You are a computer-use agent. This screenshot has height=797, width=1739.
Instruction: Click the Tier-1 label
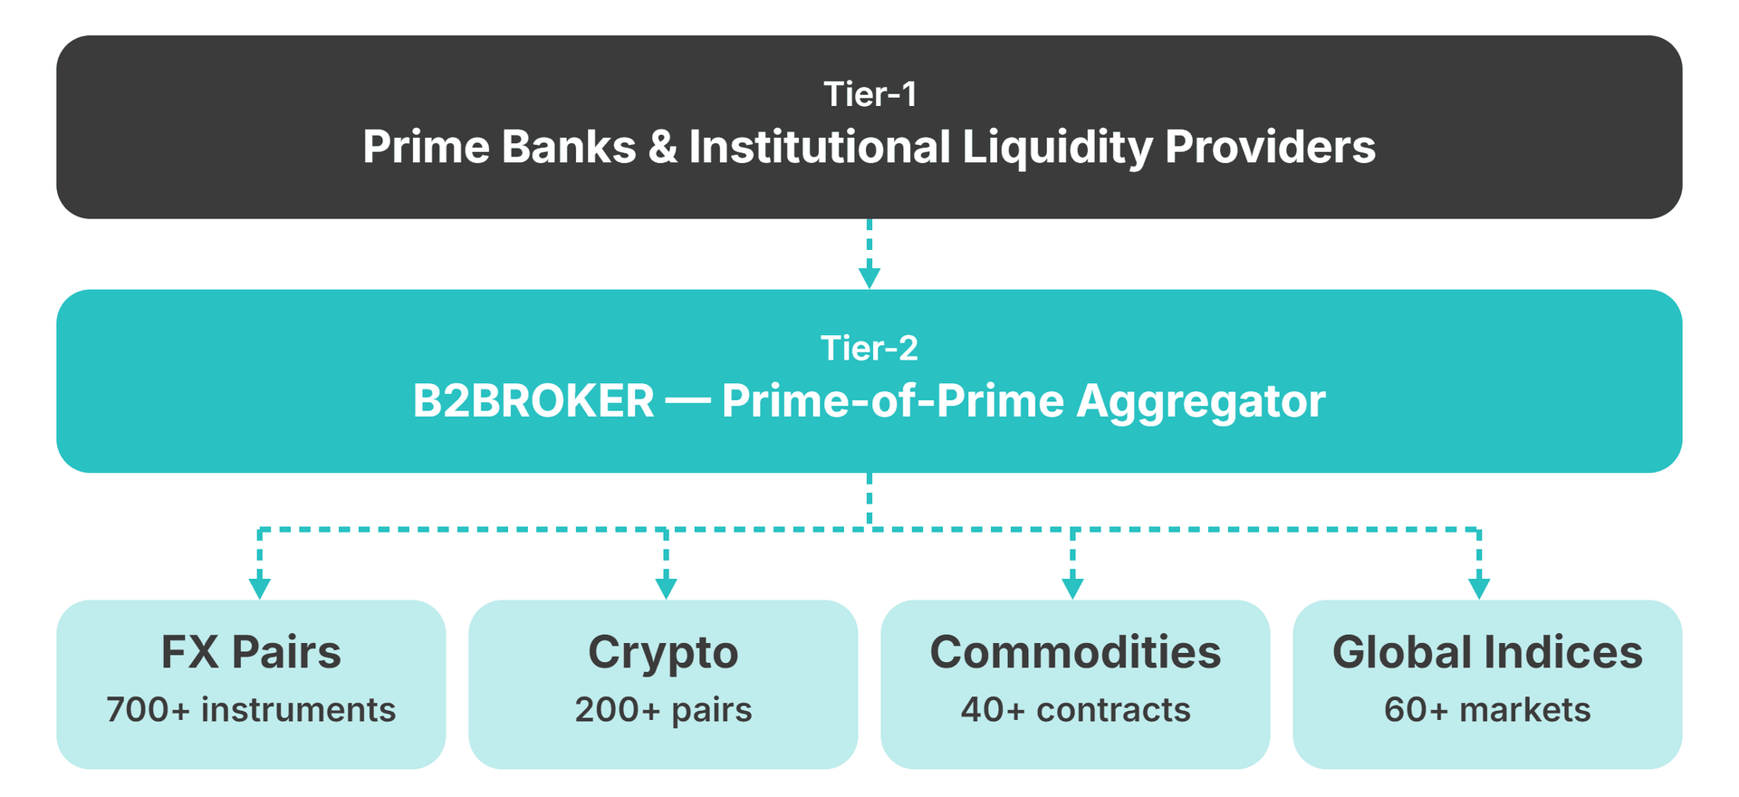click(869, 94)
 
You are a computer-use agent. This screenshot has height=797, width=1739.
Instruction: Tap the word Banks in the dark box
click(568, 147)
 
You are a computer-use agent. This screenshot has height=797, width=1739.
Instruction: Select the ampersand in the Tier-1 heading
click(662, 147)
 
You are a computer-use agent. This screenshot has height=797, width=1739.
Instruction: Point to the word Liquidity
click(1057, 147)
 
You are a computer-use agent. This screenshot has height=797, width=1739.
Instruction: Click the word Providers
click(1270, 147)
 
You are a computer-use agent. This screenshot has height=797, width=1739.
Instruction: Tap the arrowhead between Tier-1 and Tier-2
click(869, 277)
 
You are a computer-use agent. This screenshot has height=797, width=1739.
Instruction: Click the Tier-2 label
click(869, 348)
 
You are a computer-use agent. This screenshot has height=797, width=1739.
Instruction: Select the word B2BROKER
click(533, 401)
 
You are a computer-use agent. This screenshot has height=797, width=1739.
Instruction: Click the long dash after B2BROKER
click(687, 401)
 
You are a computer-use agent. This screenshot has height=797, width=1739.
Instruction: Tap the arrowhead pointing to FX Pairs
click(260, 588)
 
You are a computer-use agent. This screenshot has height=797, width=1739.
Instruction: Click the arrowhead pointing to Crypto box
click(666, 588)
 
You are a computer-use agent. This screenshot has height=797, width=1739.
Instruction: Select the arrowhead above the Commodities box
click(1072, 588)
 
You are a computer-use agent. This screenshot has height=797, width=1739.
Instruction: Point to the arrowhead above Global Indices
click(1479, 588)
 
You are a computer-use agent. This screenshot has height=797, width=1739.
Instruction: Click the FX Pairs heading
click(251, 652)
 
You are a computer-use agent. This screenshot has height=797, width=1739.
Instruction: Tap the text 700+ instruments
click(251, 710)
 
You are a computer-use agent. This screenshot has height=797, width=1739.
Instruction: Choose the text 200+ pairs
click(663, 710)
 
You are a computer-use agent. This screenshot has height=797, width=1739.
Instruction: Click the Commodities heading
click(1075, 652)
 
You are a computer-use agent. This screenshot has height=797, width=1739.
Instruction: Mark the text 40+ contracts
click(1075, 710)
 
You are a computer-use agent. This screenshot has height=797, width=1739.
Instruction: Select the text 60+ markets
click(1487, 710)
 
